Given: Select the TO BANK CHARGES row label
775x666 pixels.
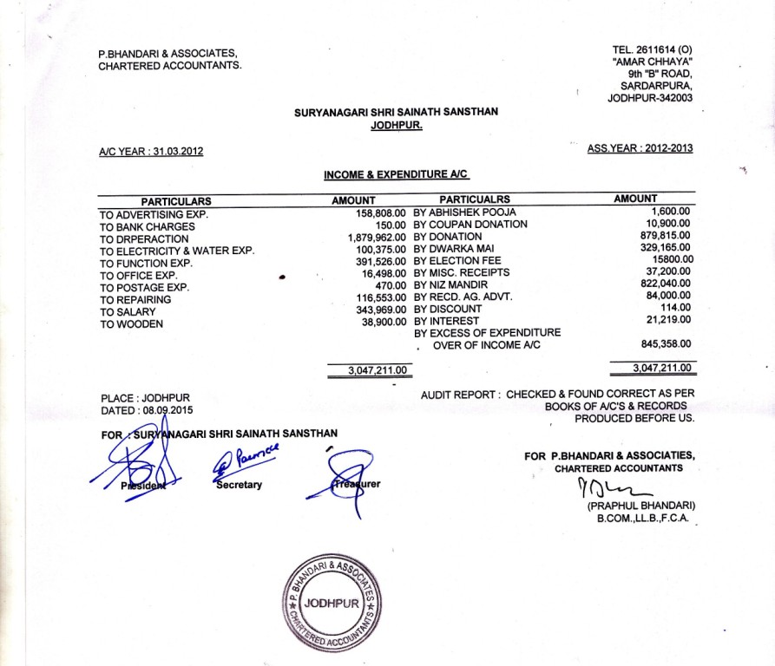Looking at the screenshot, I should coord(148,226).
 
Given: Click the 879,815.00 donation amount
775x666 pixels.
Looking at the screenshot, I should coord(665,235).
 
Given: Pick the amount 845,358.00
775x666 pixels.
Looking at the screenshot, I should coord(665,344).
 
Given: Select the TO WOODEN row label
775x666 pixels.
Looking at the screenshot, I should coord(131,324).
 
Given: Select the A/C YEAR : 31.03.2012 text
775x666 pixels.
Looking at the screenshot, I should coord(151,152).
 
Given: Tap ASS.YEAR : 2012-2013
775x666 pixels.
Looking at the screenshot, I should coord(640,148).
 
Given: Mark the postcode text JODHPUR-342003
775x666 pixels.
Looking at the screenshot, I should coord(650,98).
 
